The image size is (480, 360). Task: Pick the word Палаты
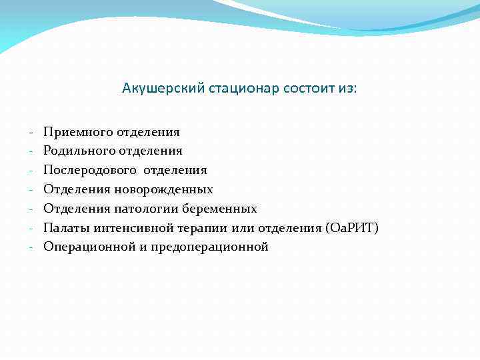coord(66,228)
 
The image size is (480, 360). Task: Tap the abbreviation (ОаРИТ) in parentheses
coord(351,228)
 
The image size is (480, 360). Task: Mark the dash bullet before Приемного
coord(31,133)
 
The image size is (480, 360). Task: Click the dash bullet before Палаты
coord(31,228)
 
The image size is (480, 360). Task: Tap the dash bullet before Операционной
coord(31,247)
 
